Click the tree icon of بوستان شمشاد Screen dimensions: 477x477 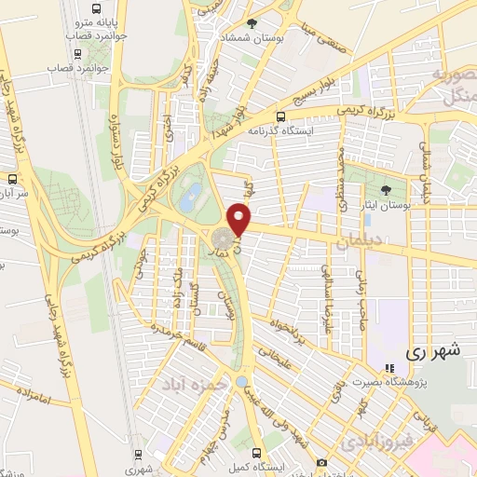coord(252,22)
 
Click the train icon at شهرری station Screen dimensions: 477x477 coord(139,455)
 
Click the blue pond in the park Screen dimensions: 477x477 coord(193,195)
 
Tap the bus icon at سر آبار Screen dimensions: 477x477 coord(12,178)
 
